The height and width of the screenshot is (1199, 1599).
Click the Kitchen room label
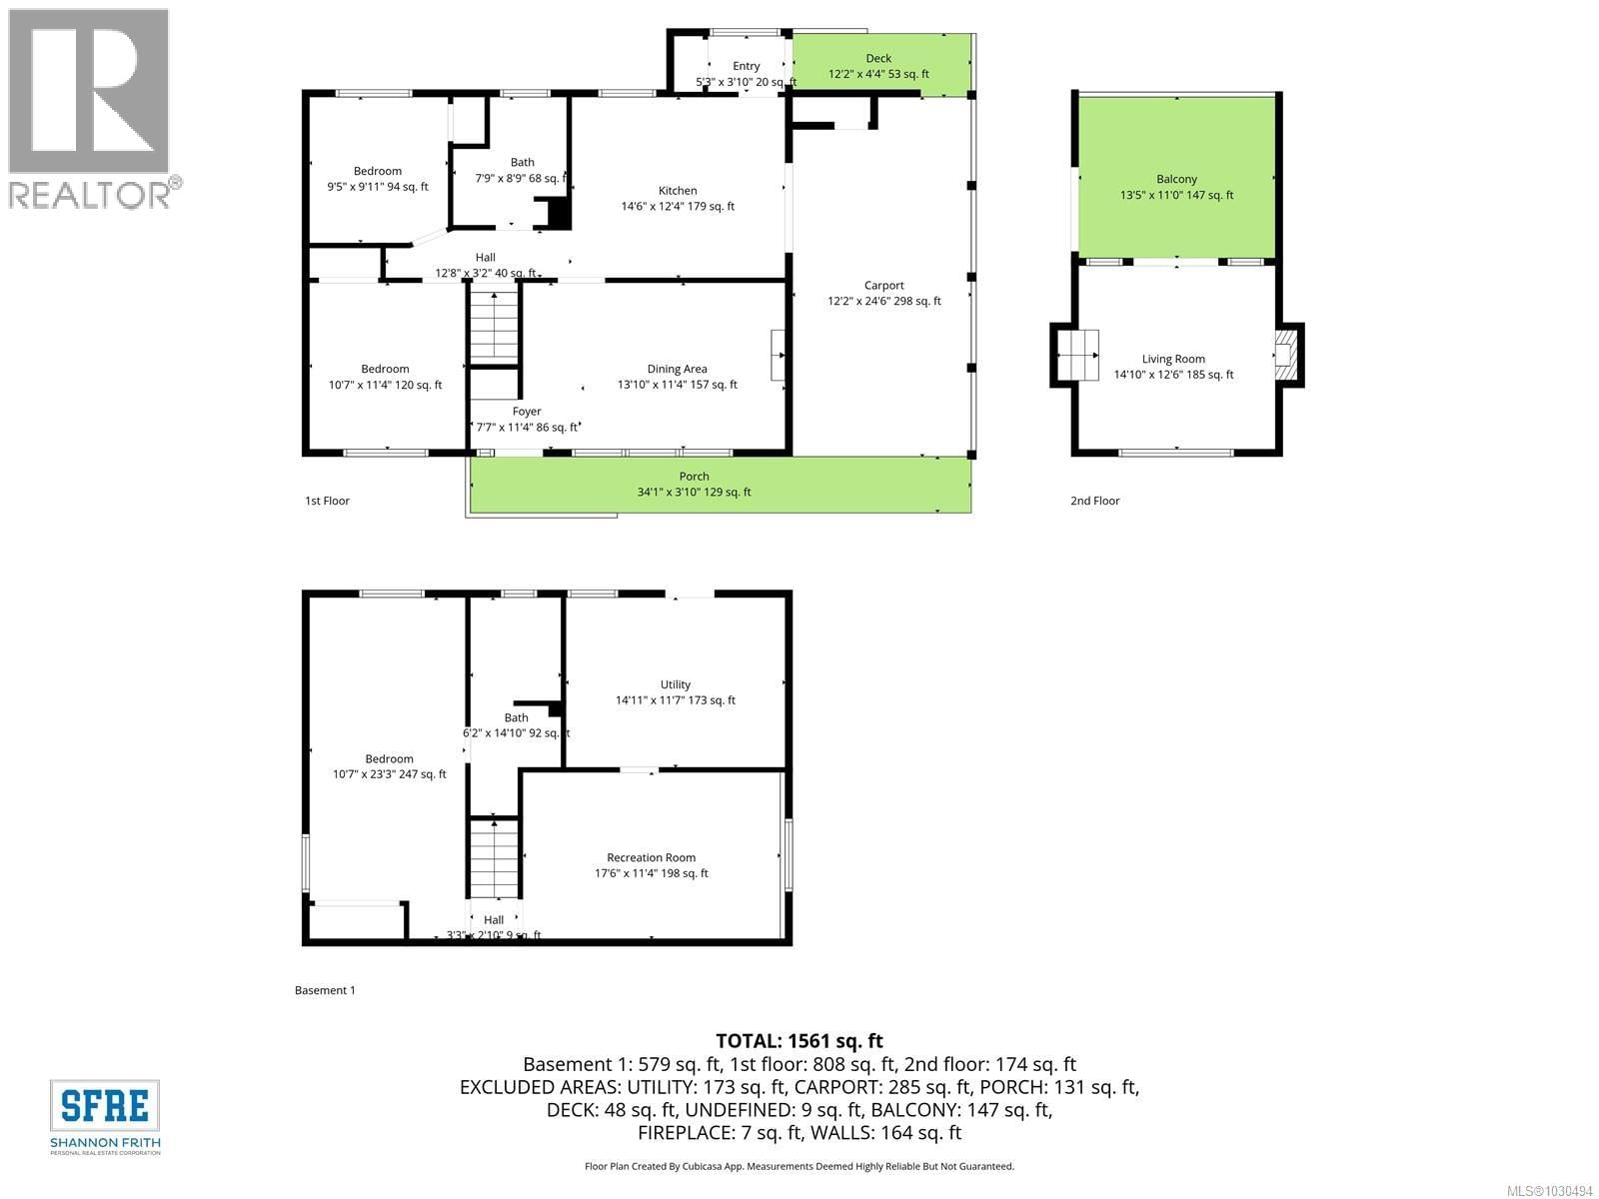click(x=678, y=191)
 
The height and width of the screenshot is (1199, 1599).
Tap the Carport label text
click(x=884, y=286)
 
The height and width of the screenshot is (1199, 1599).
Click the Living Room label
click(x=1173, y=359)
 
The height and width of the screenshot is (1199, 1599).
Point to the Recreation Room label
click(x=651, y=857)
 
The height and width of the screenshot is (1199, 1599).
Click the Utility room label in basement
click(x=675, y=684)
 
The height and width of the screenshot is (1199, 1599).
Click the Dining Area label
click(x=677, y=369)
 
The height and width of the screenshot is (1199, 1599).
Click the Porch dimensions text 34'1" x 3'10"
click(x=694, y=492)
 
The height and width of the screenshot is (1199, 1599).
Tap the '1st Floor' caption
click(x=327, y=501)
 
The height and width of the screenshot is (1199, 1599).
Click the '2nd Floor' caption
click(x=1094, y=501)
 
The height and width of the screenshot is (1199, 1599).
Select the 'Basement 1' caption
click(x=325, y=990)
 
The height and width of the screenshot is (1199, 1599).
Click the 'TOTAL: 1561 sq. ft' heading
click(x=799, y=1041)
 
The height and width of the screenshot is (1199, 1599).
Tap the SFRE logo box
click(x=105, y=1106)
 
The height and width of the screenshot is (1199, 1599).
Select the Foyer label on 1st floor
click(x=527, y=411)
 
